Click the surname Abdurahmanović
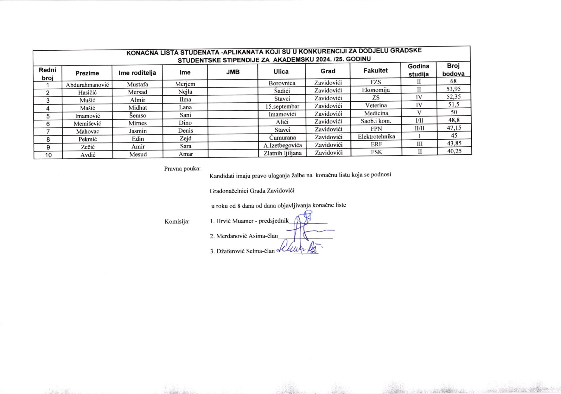coord(87,85)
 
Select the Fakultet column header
coord(375,70)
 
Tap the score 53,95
coord(453,89)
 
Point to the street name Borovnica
coord(282,83)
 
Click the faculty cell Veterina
coord(376,105)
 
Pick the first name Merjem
coord(185,84)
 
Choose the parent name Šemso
coord(137,115)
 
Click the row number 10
coord(48,155)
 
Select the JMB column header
coord(233,72)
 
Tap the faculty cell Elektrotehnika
coord(376,137)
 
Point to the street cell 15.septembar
coord(282,106)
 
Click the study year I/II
coord(419,120)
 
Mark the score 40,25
coord(454,151)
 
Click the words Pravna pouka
coord(182,168)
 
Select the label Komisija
coord(177,221)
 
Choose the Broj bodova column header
coord(453,70)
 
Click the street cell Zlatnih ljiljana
coord(283,153)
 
